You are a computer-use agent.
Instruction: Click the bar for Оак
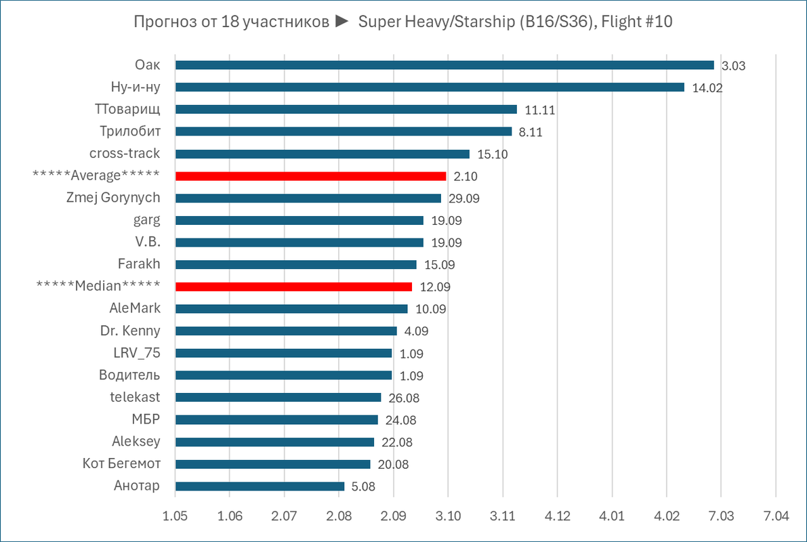tap(444, 65)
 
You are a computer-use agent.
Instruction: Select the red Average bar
tap(310, 176)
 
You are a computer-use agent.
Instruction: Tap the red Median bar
tap(293, 287)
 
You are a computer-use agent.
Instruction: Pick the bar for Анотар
tap(260, 486)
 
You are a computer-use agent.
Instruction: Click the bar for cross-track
tap(323, 154)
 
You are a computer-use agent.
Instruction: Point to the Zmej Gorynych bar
tap(308, 199)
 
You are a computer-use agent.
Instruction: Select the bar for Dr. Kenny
tap(286, 331)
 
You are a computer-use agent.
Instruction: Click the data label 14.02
tap(707, 87)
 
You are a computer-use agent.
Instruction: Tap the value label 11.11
tap(540, 110)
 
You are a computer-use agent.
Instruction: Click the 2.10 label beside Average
tap(467, 176)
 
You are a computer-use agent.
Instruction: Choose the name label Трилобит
tap(129, 131)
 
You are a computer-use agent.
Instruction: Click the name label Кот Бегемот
tap(121, 464)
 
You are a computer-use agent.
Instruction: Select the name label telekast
tap(136, 398)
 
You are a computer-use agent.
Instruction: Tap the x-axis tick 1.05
tap(175, 516)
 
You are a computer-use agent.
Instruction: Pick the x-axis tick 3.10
tap(448, 516)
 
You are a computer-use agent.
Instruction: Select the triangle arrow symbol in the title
tap(342, 22)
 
